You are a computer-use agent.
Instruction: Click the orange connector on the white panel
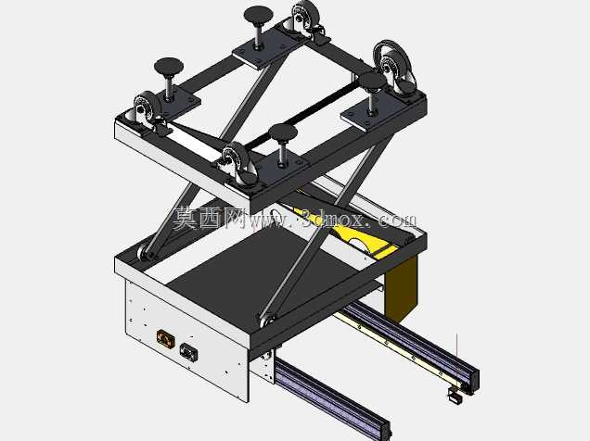(165, 338)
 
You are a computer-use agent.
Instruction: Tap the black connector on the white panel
(188, 352)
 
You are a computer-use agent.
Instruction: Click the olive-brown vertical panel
(401, 288)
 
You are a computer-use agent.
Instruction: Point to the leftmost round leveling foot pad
(169, 67)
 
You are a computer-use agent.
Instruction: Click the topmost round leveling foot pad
(258, 14)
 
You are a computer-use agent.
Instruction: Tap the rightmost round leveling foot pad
(373, 82)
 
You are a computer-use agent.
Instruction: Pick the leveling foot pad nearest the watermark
(283, 132)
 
